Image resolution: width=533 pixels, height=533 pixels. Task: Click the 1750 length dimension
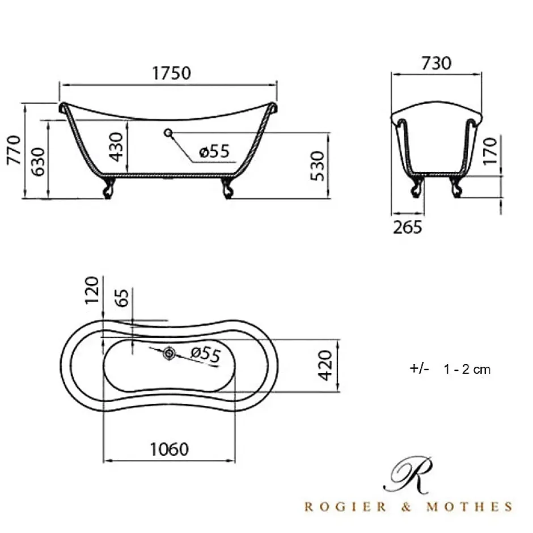point(171,73)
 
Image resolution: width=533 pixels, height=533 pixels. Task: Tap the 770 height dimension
point(14,150)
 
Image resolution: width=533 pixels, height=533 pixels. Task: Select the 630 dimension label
point(38,162)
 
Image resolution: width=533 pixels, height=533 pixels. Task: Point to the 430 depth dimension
point(116,146)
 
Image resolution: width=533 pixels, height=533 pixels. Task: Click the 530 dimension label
point(318,166)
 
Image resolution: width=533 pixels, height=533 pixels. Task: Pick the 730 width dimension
point(437,64)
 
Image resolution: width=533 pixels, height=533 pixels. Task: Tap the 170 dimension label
point(490,151)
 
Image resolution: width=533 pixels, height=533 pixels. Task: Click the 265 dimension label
point(407,227)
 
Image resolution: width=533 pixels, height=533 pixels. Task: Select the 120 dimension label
point(92,290)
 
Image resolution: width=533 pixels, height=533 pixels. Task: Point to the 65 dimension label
point(122,298)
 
